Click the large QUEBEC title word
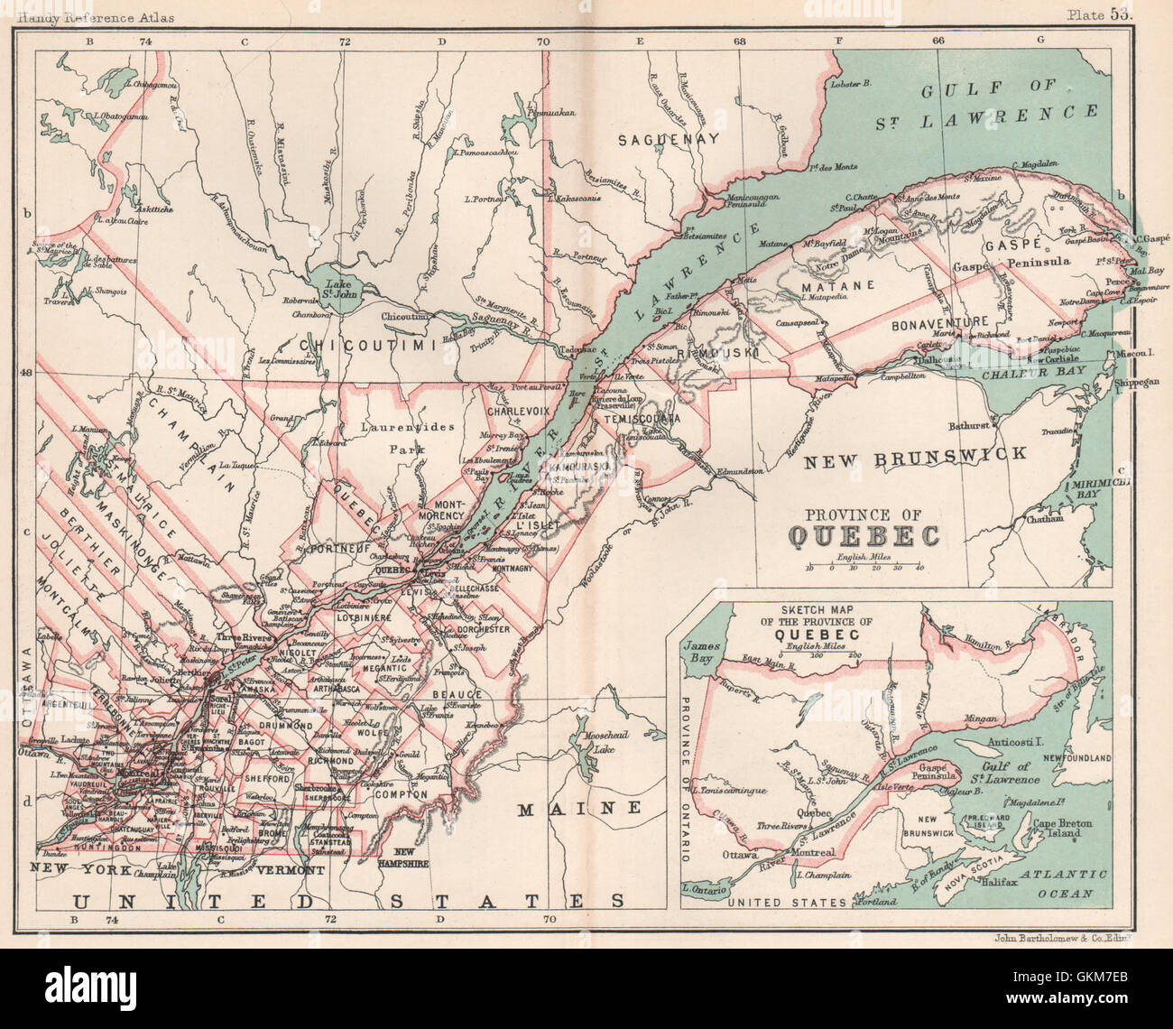864,536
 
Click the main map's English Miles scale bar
864,568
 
